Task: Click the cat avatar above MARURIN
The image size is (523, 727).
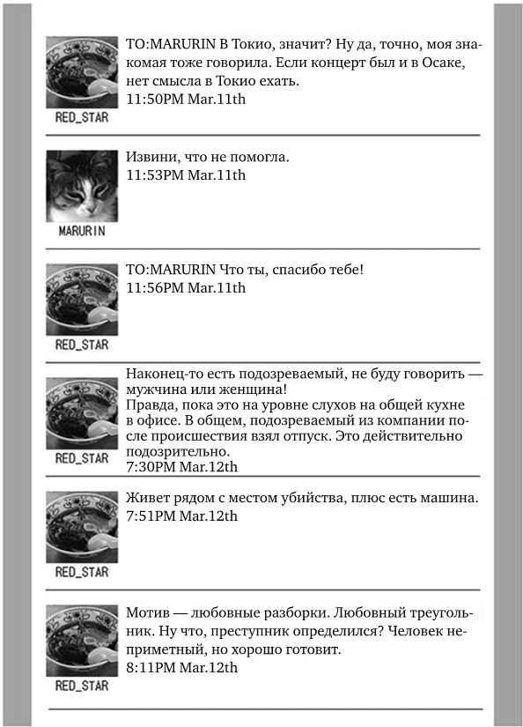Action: [82, 186]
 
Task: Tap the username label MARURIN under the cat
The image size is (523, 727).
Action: [82, 231]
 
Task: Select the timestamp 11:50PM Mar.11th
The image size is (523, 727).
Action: [186, 99]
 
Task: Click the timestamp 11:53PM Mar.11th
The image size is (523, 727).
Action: [186, 174]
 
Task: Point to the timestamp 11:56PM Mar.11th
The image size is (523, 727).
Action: [186, 287]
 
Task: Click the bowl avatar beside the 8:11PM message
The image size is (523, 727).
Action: [82, 640]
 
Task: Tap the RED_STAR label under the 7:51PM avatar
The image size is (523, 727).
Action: [82, 572]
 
